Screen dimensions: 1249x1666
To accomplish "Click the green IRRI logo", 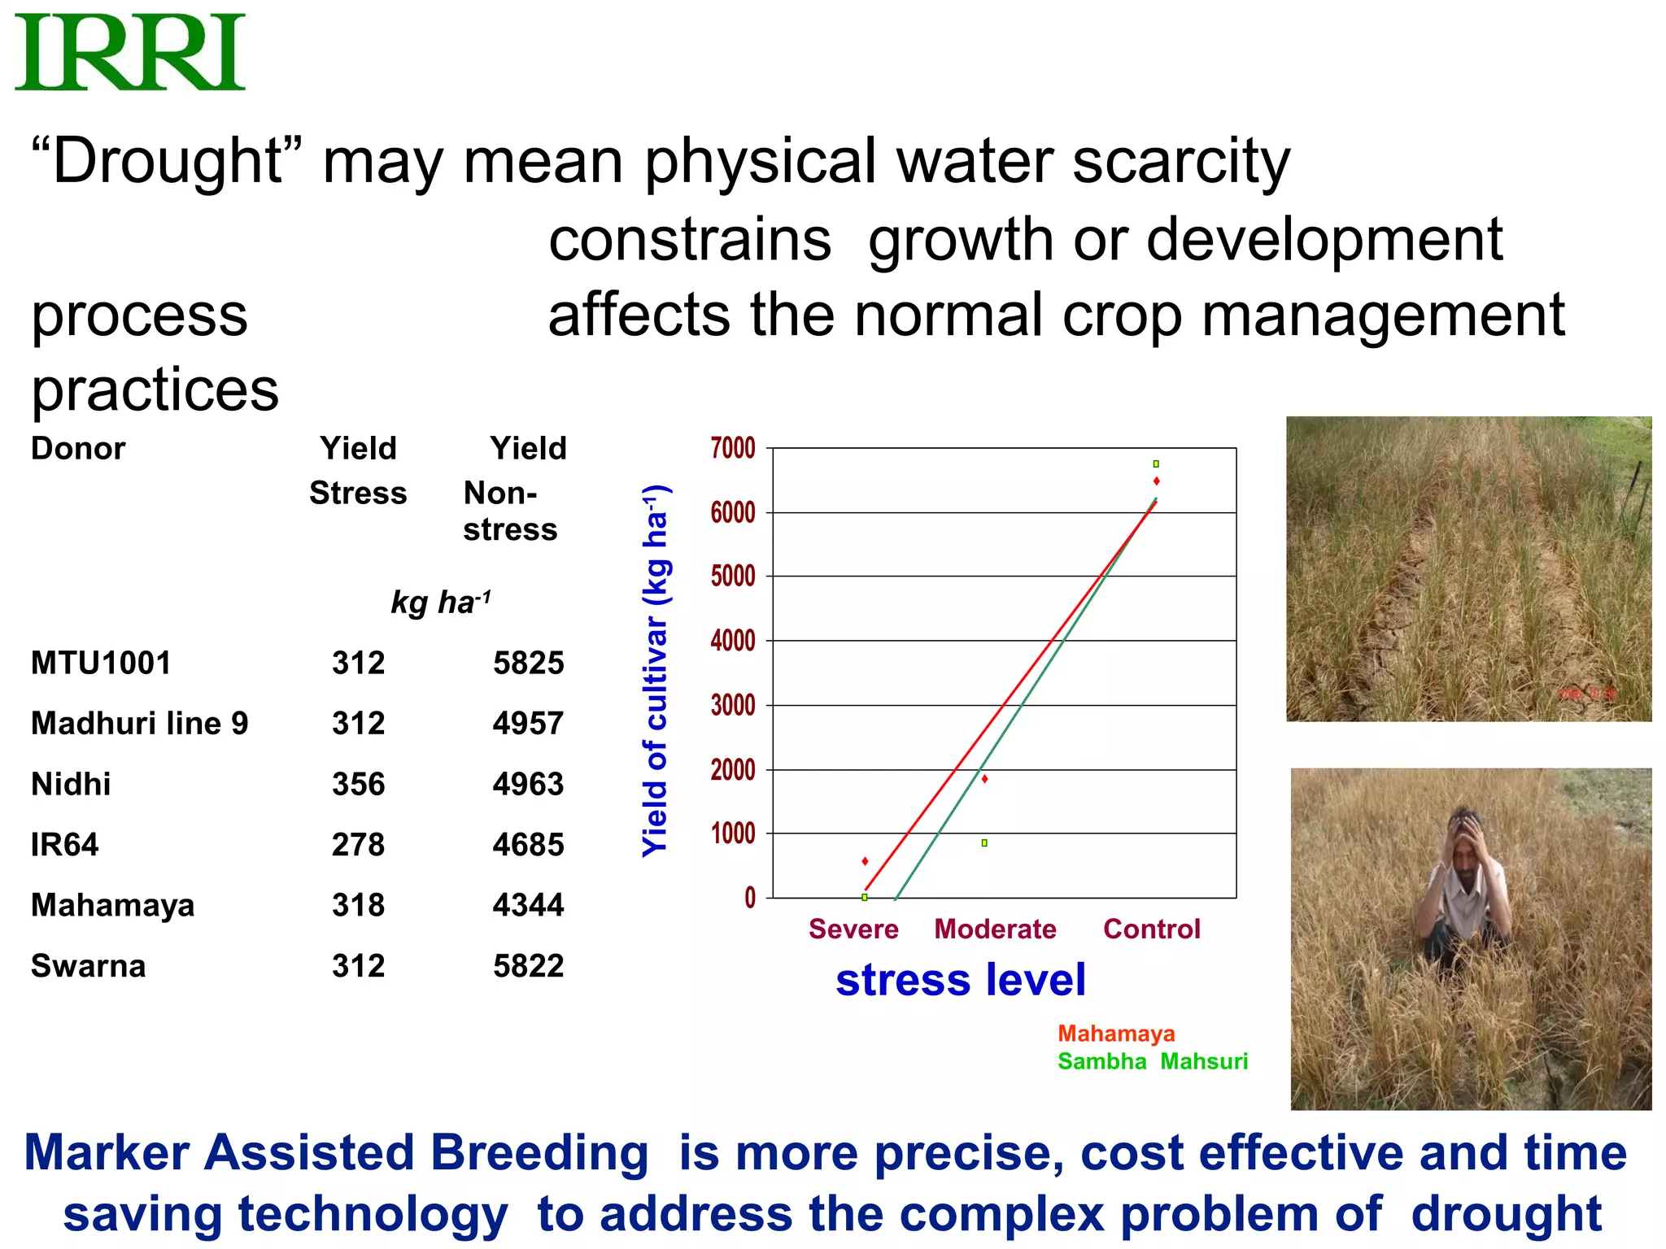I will pos(130,52).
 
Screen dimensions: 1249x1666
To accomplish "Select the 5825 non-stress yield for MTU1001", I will pos(528,663).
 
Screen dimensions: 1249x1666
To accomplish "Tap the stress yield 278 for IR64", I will pos(358,844).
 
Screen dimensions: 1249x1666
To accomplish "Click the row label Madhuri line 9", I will pos(139,723).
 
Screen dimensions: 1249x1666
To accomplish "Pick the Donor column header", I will pos(78,448).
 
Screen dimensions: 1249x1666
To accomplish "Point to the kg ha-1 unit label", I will pos(441,603).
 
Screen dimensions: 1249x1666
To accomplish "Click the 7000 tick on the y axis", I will pos(733,448).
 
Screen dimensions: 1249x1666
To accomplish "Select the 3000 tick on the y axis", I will pos(733,705).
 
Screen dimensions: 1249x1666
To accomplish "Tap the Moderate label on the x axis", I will pos(995,929).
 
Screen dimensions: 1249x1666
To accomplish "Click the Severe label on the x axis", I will pos(853,929).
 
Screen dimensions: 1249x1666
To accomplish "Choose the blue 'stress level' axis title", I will pos(961,979).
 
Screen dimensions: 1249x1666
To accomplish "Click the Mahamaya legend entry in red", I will pos(1116,1034).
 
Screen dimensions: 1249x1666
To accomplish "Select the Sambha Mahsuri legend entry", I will pos(1152,1061).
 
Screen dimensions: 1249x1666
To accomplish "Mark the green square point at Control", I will pos(1156,463).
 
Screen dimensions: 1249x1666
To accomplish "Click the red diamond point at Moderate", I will pos(984,779).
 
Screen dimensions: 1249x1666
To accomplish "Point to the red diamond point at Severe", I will pos(865,861).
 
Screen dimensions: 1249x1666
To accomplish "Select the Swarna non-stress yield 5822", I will pos(528,966).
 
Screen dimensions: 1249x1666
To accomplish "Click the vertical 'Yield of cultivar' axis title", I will pos(656,671).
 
